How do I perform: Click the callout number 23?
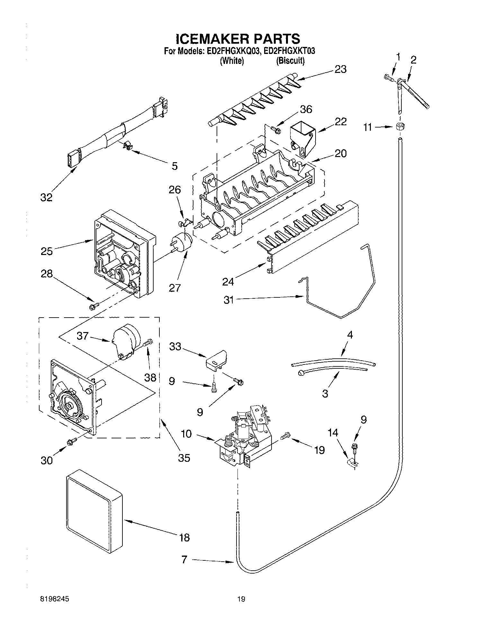coord(340,69)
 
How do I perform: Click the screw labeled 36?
coord(276,130)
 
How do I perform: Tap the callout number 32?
coord(46,197)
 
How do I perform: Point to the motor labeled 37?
coord(126,341)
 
